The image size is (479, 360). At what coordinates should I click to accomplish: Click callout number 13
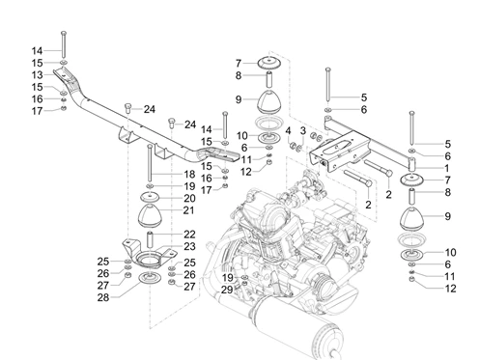pos(37,73)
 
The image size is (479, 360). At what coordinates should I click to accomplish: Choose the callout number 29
pos(226,290)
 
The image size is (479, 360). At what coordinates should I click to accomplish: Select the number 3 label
pos(301,131)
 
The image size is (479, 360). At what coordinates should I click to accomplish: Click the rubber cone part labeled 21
pos(152,212)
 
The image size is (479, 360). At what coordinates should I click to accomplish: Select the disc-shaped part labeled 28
pos(150,281)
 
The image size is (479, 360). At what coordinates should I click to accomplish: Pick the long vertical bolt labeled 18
pos(152,159)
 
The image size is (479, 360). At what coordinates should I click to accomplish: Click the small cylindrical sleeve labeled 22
pos(152,235)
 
